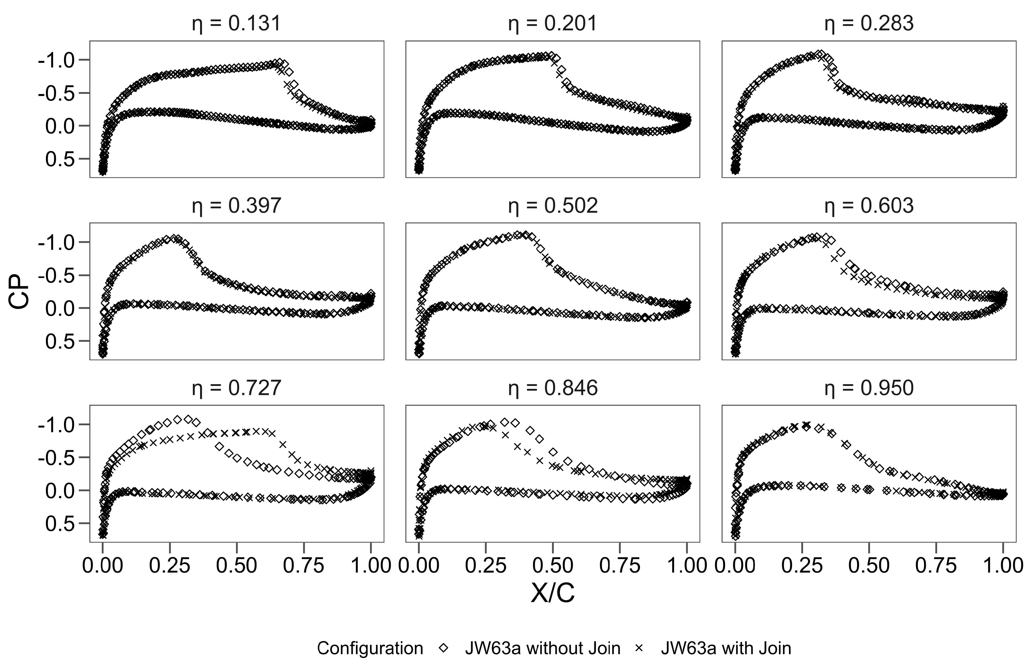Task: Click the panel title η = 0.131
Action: coord(237,23)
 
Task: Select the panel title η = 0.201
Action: coord(553,23)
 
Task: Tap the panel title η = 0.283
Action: coord(869,23)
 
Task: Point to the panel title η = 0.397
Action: coord(237,205)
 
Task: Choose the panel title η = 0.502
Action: coord(553,205)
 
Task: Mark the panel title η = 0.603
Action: coord(869,205)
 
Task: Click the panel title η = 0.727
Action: coord(237,388)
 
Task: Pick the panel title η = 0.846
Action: coord(553,388)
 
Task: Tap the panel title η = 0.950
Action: coord(869,388)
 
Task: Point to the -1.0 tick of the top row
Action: coord(57,60)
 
